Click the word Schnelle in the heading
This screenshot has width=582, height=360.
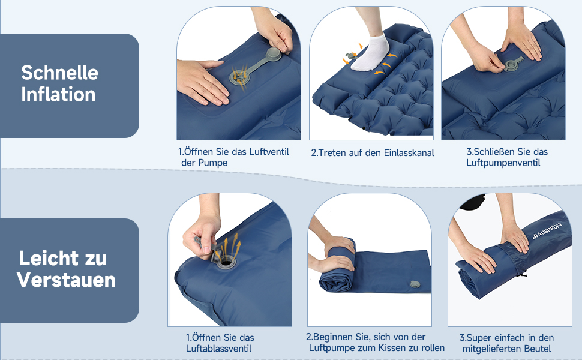coord(59,73)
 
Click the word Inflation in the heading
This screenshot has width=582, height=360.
coord(58,94)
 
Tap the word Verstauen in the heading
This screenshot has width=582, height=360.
coord(66,280)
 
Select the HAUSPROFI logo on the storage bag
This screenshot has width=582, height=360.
coord(547,230)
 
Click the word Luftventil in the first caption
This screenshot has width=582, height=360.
coord(269,151)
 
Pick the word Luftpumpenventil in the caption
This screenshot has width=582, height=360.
coord(503,163)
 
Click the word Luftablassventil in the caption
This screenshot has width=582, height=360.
coord(218,349)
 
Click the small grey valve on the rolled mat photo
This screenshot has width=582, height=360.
coord(415,284)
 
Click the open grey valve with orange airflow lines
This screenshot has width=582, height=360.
coord(238,77)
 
